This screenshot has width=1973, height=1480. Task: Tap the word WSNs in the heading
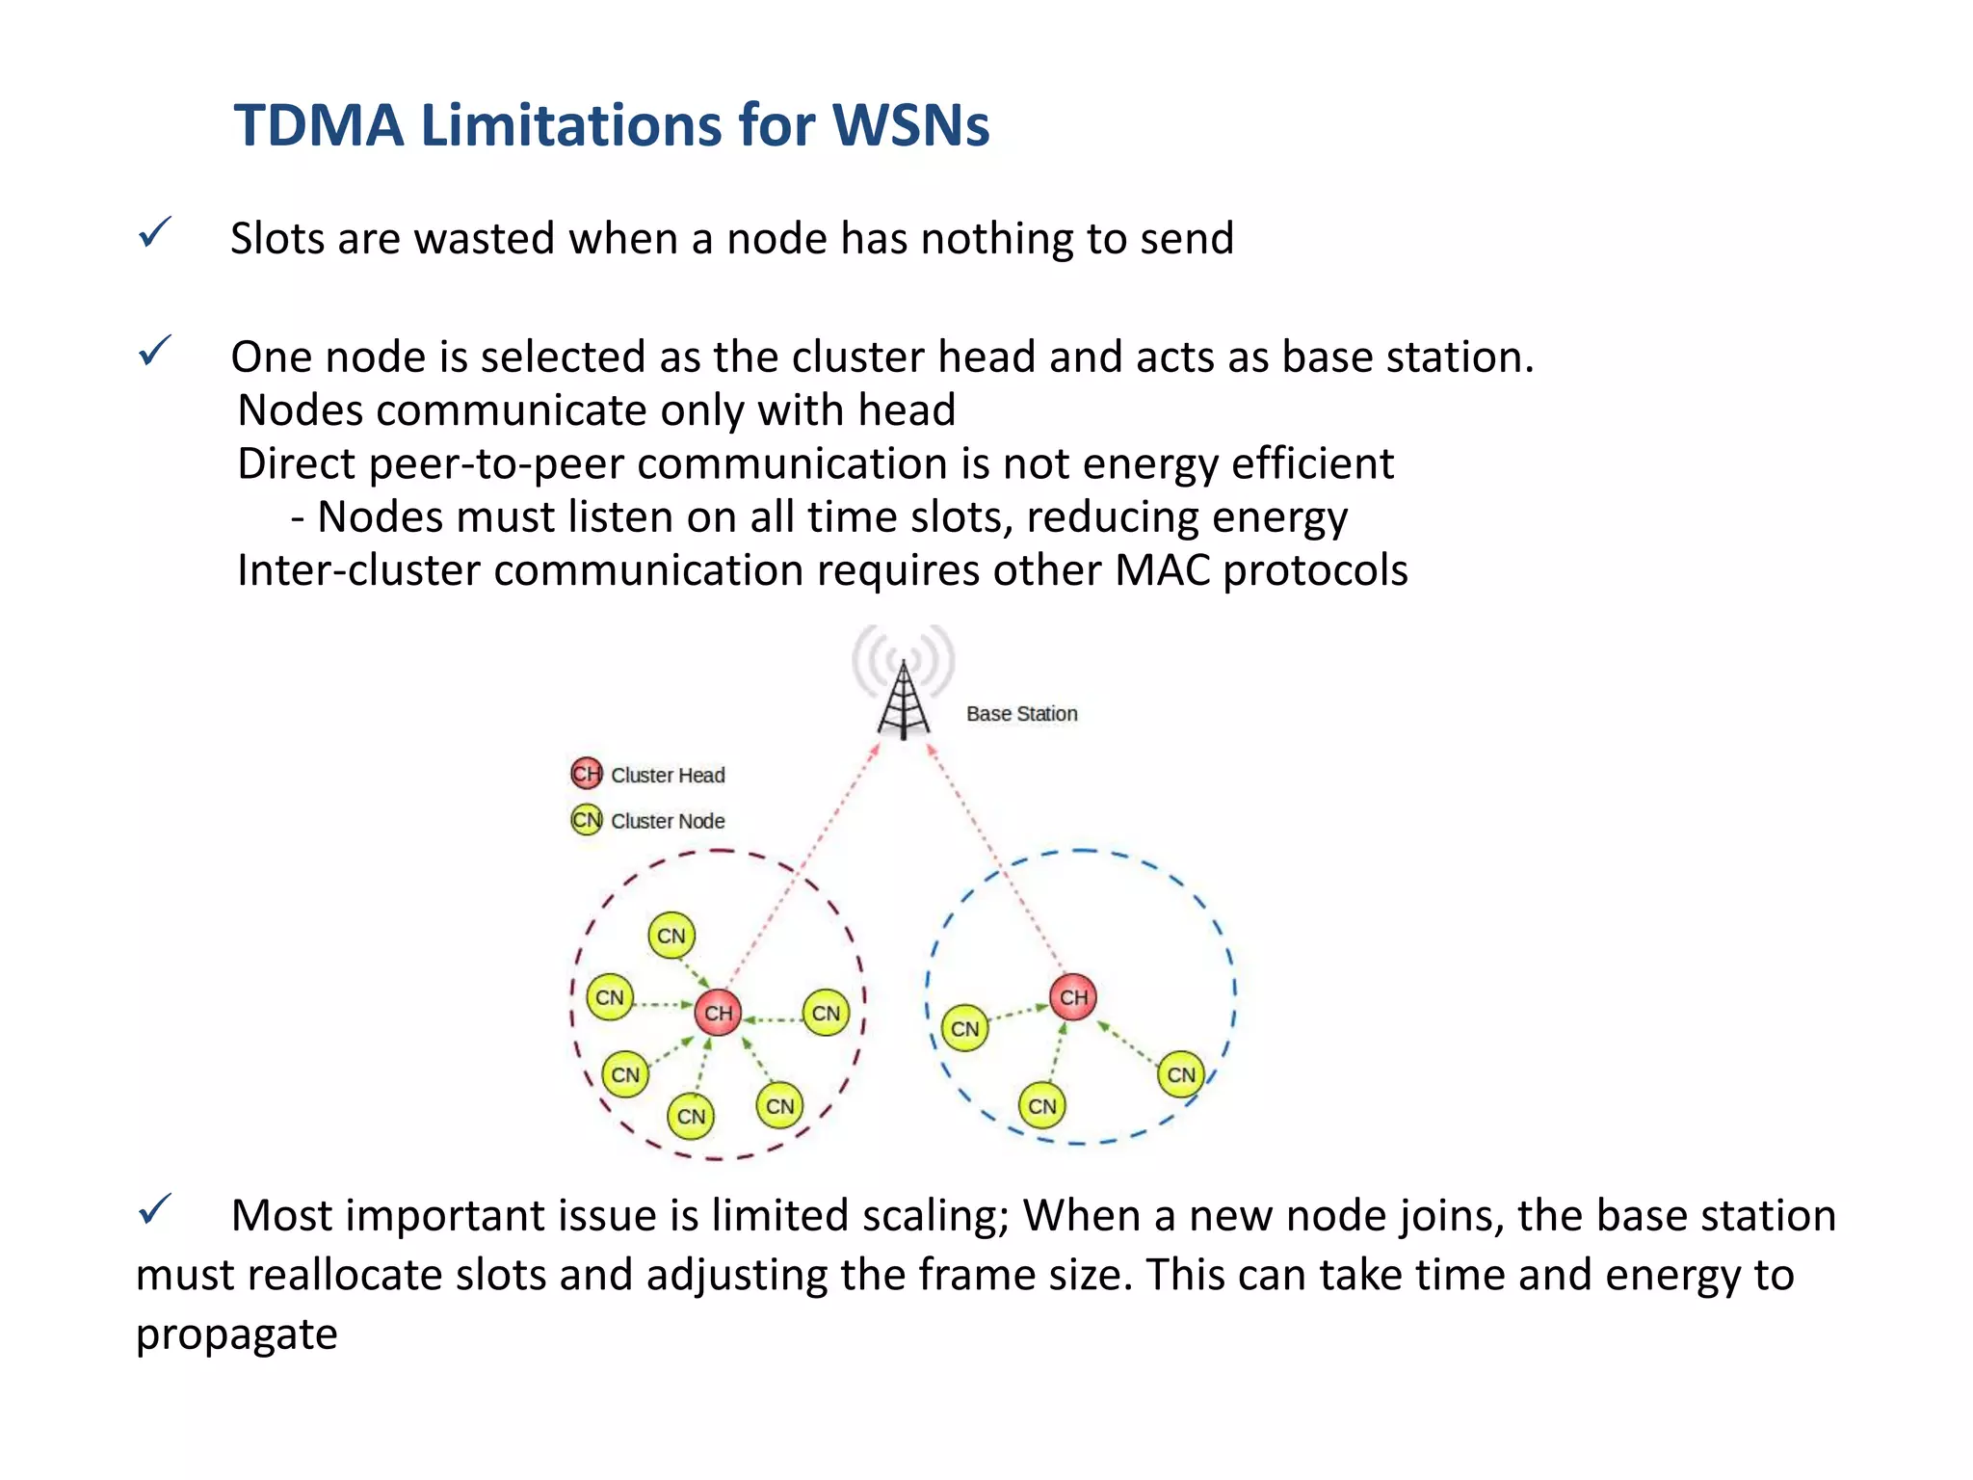click(x=910, y=125)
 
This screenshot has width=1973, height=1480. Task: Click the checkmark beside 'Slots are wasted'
click(x=154, y=232)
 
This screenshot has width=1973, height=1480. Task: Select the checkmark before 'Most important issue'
click(x=154, y=1209)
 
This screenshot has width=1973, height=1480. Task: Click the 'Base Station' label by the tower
click(x=1021, y=714)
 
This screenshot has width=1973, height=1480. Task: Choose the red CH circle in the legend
click(x=586, y=774)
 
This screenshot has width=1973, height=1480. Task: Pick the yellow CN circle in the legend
click(x=586, y=820)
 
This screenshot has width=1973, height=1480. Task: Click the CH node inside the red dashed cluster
click(x=718, y=1013)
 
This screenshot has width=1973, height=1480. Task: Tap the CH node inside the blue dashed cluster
click(x=1073, y=997)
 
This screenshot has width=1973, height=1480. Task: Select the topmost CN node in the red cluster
click(x=671, y=936)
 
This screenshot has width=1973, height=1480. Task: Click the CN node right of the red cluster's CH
click(x=826, y=1013)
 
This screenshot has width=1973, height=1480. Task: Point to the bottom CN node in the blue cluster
click(x=1041, y=1106)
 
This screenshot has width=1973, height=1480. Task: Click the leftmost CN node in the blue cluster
click(x=964, y=1029)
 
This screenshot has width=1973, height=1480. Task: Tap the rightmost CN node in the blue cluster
click(x=1181, y=1074)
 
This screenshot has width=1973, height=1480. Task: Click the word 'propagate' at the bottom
click(x=236, y=1335)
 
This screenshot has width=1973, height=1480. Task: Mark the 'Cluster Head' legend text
click(x=668, y=776)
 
